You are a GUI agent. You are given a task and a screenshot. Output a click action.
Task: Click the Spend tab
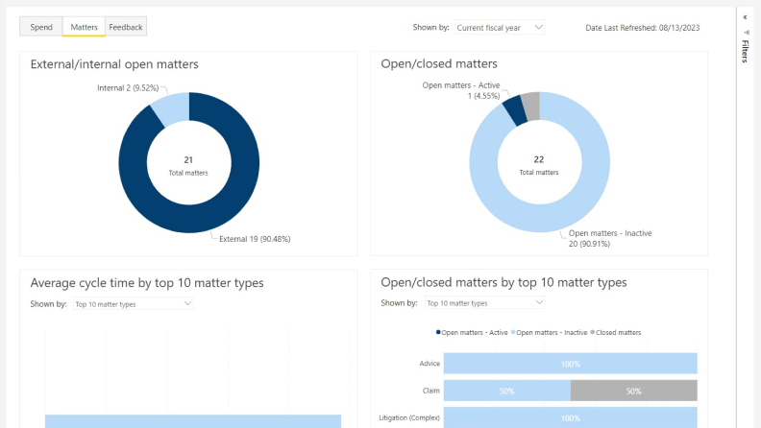click(x=41, y=27)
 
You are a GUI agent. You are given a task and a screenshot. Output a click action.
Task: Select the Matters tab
click(x=84, y=27)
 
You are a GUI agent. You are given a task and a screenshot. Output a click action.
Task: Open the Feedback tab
click(x=126, y=27)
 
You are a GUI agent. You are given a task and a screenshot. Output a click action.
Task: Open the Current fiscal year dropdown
click(x=499, y=28)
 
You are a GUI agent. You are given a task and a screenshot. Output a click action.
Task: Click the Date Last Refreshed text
click(x=642, y=28)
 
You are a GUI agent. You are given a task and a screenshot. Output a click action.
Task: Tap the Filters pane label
click(x=745, y=52)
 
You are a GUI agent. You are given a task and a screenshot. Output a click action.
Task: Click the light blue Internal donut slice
click(x=172, y=107)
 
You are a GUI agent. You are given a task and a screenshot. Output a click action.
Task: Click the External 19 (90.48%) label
click(x=255, y=238)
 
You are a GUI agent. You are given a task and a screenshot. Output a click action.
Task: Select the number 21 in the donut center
click(x=188, y=159)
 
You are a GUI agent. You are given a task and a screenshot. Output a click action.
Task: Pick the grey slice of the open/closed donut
click(x=530, y=105)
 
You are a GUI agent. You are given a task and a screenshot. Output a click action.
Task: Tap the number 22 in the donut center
click(x=539, y=159)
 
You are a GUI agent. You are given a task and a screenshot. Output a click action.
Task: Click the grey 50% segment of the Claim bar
click(x=633, y=392)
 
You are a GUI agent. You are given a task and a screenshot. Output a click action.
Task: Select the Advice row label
click(x=430, y=364)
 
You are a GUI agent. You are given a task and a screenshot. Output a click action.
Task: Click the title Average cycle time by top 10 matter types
click(x=147, y=282)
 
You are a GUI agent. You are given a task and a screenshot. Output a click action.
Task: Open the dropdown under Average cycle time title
click(x=134, y=304)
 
